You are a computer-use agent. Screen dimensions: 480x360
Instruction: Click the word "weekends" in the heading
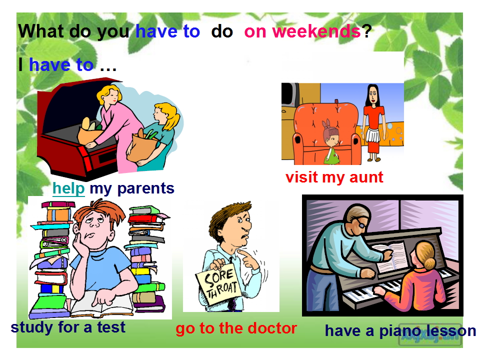(x=316, y=31)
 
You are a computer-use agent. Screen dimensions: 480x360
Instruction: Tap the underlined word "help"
(x=68, y=188)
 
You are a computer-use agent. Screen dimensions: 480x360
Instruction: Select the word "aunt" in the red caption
(x=366, y=177)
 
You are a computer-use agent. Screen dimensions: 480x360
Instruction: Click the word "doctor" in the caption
(x=273, y=328)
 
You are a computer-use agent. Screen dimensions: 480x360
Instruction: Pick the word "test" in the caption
(x=111, y=327)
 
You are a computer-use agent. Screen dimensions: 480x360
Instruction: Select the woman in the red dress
(x=373, y=122)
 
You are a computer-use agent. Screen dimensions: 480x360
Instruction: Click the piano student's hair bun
(x=429, y=262)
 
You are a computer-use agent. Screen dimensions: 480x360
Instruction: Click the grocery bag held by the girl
(x=141, y=147)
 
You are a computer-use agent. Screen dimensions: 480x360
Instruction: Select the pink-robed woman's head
(x=109, y=94)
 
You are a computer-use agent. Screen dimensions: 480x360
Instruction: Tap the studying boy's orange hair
(x=98, y=211)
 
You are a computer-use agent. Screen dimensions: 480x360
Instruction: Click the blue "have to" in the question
(x=167, y=31)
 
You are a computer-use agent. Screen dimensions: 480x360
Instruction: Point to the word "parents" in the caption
(x=145, y=189)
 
